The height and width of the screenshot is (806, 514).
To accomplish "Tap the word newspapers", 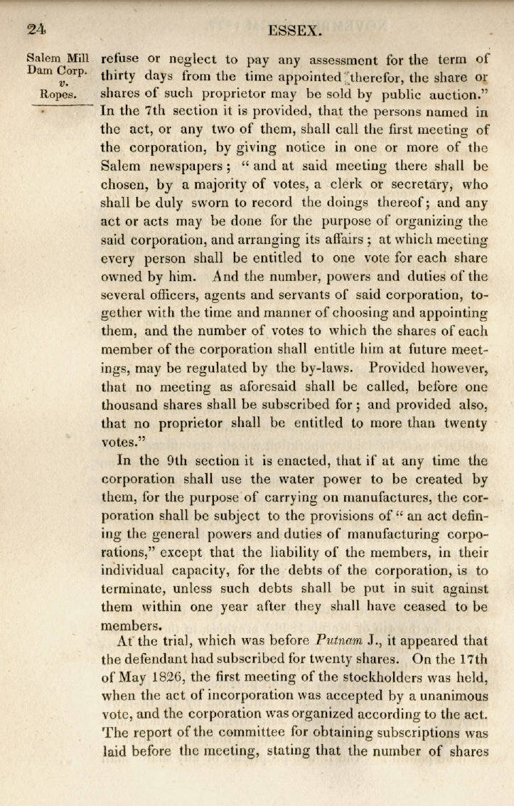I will click(185, 166).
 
